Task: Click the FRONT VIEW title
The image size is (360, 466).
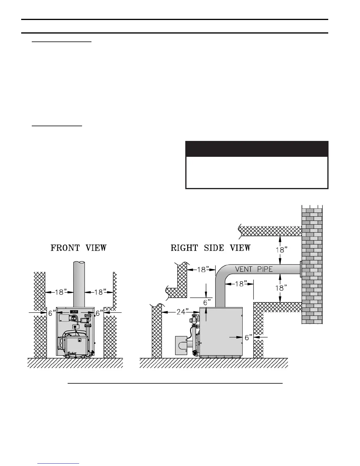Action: (79, 248)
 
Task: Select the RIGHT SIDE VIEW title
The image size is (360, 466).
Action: (211, 248)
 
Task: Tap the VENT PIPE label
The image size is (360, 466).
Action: (254, 269)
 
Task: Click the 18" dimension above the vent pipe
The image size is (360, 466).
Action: (281, 250)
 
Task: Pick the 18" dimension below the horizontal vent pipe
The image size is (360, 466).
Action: (281, 288)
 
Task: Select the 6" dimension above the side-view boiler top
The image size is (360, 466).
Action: (207, 302)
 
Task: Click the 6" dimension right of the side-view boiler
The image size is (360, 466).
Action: (249, 337)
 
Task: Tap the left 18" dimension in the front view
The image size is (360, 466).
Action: (59, 292)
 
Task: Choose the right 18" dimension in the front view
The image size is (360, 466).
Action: (99, 292)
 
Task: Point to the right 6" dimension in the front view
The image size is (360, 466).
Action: (99, 313)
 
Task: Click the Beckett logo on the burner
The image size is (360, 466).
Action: (72, 353)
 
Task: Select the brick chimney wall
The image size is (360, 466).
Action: (312, 265)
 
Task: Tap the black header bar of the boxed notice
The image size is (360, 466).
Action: (257, 149)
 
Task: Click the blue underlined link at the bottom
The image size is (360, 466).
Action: (59, 464)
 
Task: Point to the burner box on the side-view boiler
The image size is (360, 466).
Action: (181, 345)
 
